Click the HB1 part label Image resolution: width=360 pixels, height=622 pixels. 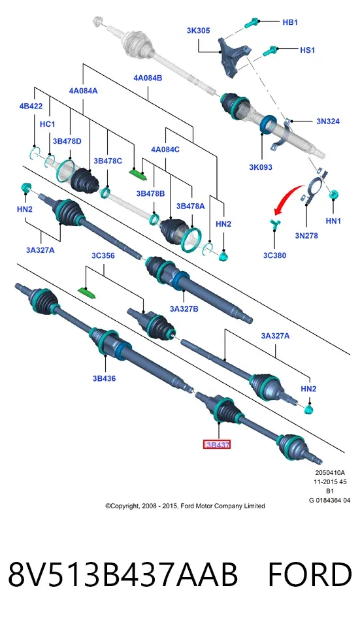tap(290, 22)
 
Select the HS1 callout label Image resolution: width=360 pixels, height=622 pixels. tap(307, 50)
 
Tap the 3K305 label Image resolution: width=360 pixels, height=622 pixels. tap(198, 31)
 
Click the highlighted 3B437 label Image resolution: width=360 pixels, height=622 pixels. tap(218, 445)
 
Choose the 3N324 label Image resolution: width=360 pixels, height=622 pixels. tap(328, 122)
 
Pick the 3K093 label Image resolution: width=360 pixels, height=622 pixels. tap(261, 167)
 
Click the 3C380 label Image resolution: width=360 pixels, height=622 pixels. tap(275, 255)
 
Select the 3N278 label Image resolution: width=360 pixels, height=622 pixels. tap(306, 236)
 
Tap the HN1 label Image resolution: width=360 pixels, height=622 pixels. tap(333, 221)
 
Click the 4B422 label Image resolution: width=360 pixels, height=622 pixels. tap(31, 106)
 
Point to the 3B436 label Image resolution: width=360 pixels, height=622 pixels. tap(105, 378)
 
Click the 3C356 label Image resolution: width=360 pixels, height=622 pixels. tap(103, 256)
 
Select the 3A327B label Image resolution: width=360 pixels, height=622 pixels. tap(184, 308)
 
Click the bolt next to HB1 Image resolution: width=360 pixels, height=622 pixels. tap(252, 23)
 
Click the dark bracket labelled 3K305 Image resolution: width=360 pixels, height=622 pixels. tap(233, 57)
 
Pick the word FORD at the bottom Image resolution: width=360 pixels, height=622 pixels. tap(310, 574)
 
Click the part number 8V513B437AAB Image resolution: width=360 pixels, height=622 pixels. tap(123, 574)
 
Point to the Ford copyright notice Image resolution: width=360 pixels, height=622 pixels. tap(185, 506)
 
